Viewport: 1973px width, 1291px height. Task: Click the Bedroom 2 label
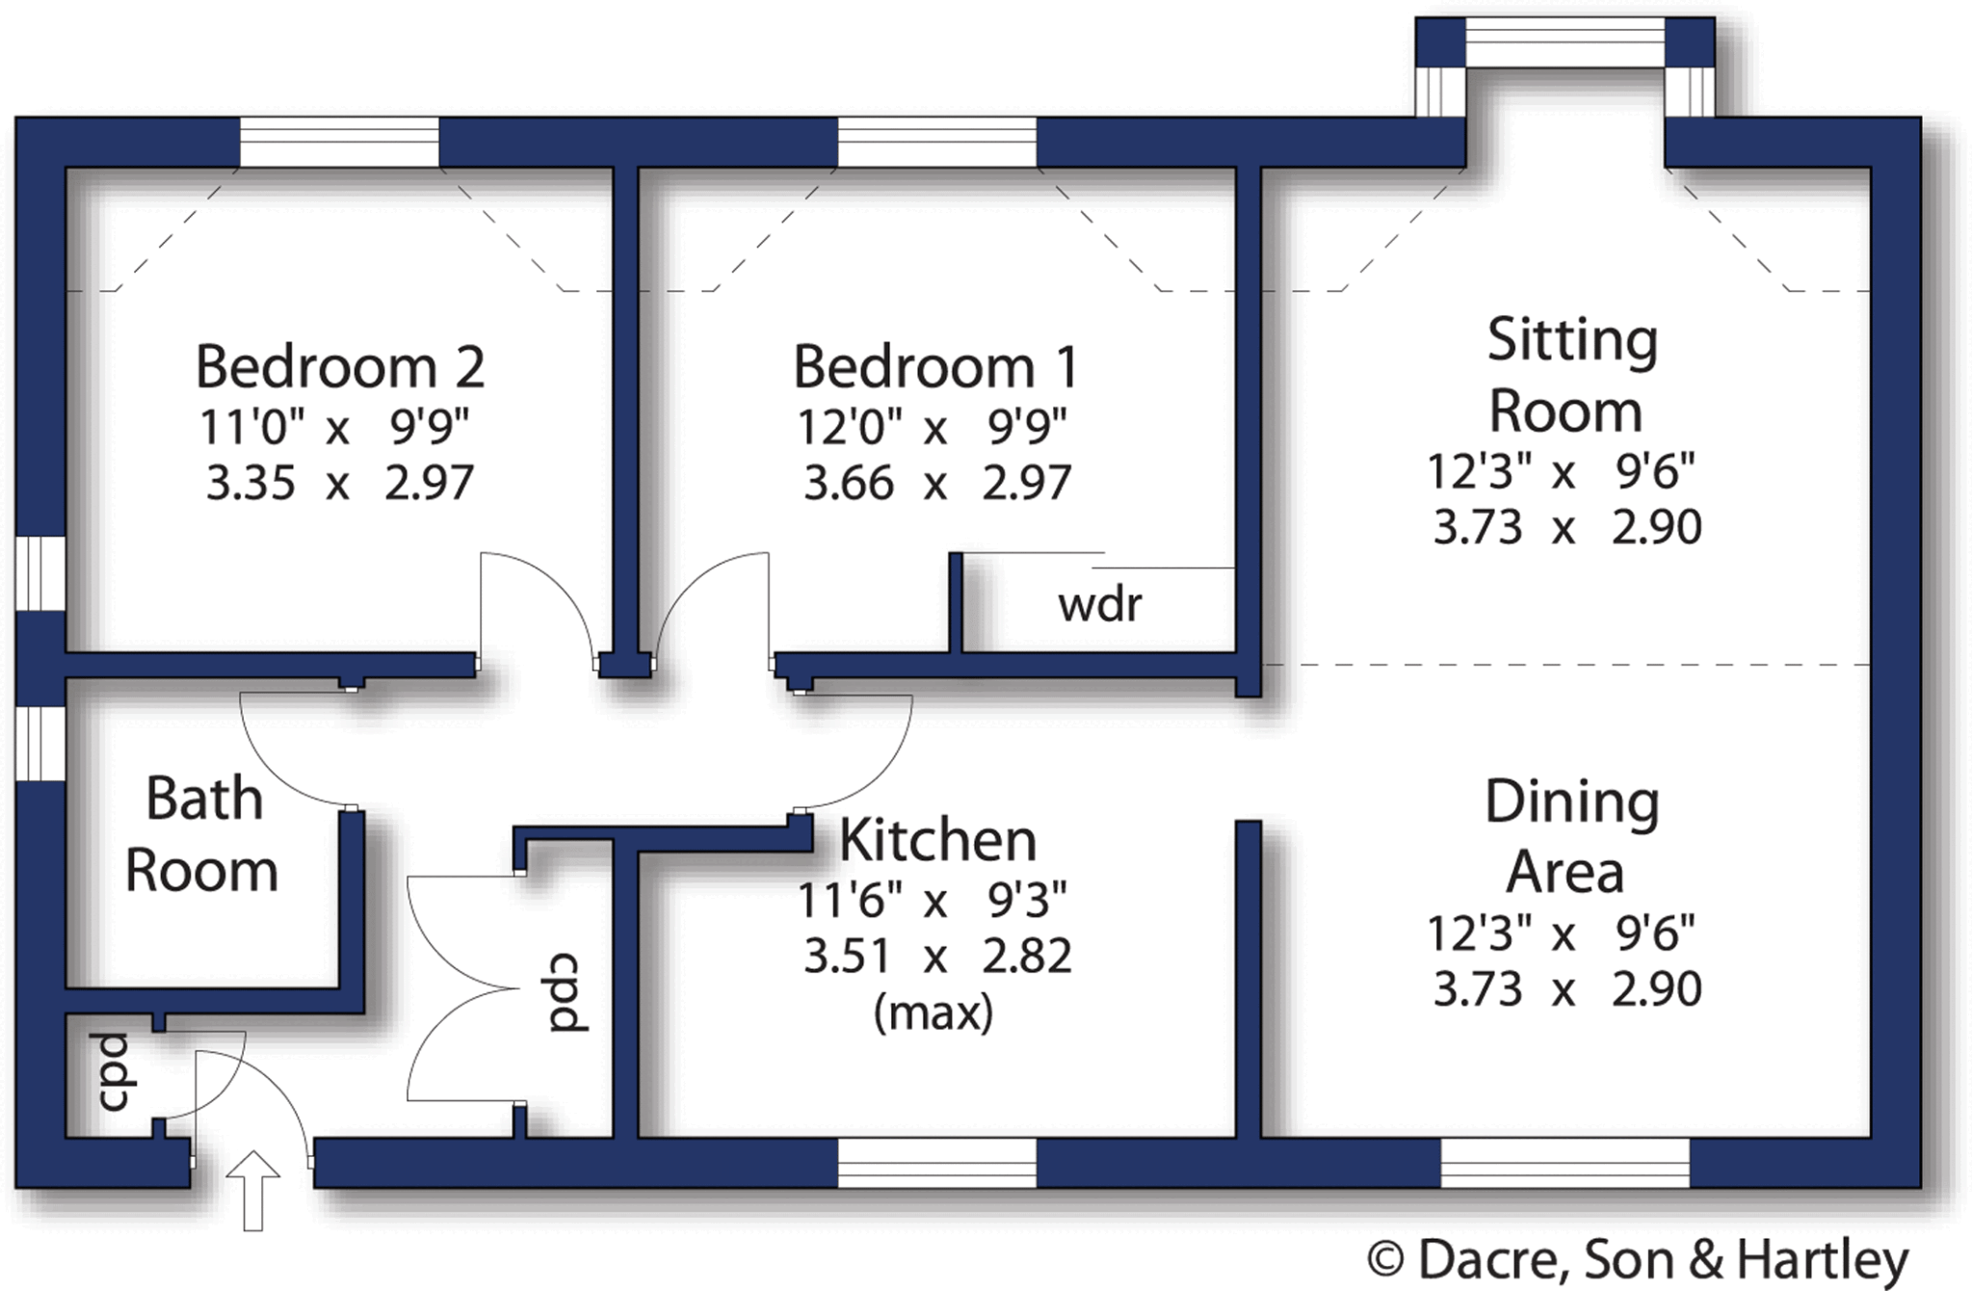(x=339, y=367)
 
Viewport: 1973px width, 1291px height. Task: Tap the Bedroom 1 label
(x=935, y=367)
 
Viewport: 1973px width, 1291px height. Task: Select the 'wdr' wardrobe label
(x=1099, y=605)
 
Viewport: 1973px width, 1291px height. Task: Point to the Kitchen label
(x=937, y=840)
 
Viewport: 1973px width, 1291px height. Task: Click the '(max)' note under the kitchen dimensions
(x=933, y=1013)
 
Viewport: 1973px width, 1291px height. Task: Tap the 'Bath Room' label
(x=203, y=834)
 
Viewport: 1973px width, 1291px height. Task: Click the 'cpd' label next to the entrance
(x=114, y=1072)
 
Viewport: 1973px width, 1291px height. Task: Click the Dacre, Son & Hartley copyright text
(x=1638, y=1258)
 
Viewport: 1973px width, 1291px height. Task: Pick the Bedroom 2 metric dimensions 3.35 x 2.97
(x=339, y=483)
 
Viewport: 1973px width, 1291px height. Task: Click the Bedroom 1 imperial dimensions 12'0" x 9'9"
(x=933, y=427)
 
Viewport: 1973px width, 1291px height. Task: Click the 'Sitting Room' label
(x=1570, y=376)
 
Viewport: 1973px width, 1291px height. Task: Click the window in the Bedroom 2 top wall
(x=339, y=143)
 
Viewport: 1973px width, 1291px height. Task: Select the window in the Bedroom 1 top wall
(x=936, y=143)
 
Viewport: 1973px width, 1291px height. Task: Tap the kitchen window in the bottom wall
(x=936, y=1163)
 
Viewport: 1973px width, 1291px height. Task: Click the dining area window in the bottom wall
(x=1565, y=1163)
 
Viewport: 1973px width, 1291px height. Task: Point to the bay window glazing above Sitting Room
(x=1565, y=42)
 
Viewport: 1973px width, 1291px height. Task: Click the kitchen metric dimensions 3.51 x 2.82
(x=936, y=957)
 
